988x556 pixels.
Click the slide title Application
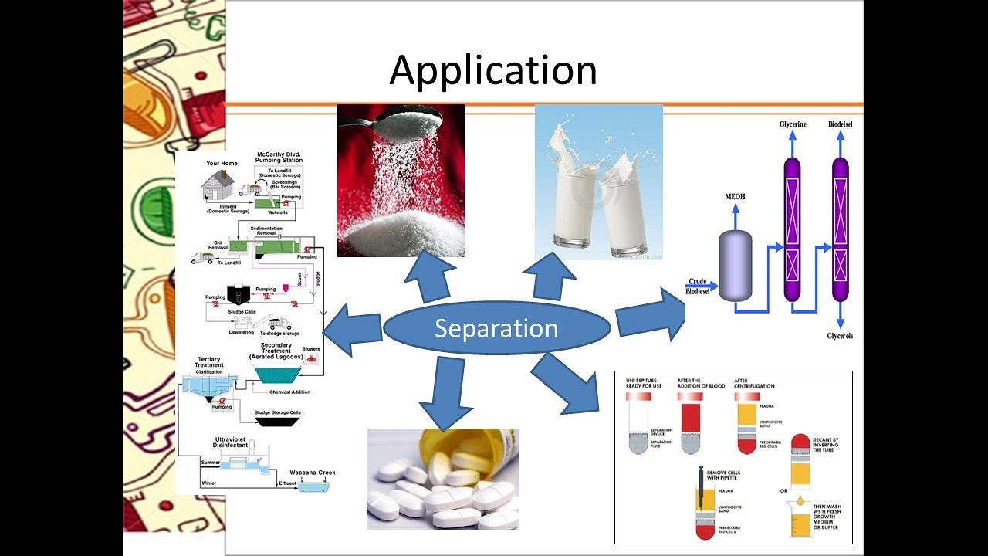[x=493, y=69]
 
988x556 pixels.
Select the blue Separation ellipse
[x=496, y=328]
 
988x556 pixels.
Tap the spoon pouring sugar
[x=409, y=117]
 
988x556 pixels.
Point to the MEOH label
[x=735, y=197]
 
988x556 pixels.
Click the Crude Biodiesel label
[x=699, y=286]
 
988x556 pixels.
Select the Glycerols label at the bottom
[x=840, y=337]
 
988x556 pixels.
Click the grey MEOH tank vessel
[x=735, y=265]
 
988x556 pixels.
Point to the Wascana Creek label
[x=312, y=473]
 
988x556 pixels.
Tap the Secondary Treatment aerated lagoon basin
[x=279, y=375]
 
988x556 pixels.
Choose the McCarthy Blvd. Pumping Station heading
[x=279, y=158]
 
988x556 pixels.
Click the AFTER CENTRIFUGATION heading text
[x=754, y=383]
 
